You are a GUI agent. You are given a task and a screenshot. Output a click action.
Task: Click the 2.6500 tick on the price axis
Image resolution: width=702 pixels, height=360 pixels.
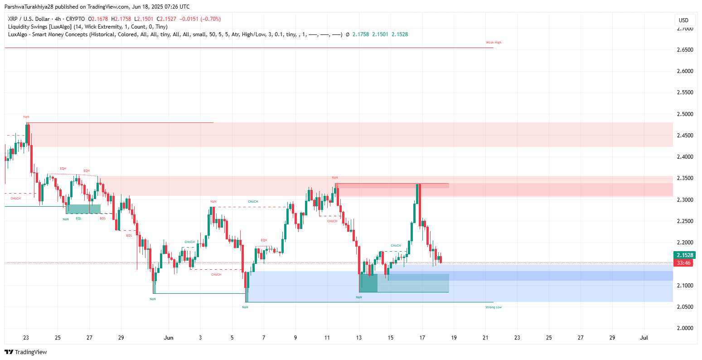pyautogui.click(x=685, y=49)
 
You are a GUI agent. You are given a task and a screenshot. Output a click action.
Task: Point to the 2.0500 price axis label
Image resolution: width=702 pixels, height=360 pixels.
pyautogui.click(x=685, y=306)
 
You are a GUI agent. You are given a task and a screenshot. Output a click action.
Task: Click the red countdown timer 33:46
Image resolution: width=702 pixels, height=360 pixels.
pyautogui.click(x=683, y=263)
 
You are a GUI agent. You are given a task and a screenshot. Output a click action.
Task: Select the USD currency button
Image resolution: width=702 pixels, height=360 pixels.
pyautogui.click(x=683, y=20)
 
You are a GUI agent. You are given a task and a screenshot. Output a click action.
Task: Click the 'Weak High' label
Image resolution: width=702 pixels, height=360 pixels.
pyautogui.click(x=494, y=43)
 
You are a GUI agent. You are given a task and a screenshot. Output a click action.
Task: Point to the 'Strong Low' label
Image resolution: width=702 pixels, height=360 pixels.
pyautogui.click(x=493, y=307)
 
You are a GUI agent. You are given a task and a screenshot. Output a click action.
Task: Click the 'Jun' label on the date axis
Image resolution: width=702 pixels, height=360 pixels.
pyautogui.click(x=169, y=338)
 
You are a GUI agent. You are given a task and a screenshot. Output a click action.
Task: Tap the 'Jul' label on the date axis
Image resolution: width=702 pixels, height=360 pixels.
pyautogui.click(x=644, y=338)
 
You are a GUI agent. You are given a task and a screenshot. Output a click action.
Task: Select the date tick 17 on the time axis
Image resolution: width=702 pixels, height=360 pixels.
pyautogui.click(x=422, y=338)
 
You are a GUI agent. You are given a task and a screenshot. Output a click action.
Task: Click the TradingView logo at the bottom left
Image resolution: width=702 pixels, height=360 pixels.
pyautogui.click(x=26, y=352)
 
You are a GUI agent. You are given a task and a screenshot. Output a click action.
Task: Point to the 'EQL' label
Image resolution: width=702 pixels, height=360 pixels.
pyautogui.click(x=78, y=219)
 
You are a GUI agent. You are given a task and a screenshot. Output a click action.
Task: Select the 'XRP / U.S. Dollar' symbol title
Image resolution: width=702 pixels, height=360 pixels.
pyautogui.click(x=29, y=19)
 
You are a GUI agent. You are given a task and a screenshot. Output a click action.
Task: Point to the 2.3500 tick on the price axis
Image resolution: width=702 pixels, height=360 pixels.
pyautogui.click(x=685, y=178)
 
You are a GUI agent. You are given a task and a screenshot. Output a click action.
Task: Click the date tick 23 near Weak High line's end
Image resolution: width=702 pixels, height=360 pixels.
pyautogui.click(x=517, y=338)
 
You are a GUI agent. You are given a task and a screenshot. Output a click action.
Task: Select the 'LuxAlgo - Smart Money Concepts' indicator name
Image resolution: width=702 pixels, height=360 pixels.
pyautogui.click(x=48, y=34)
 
